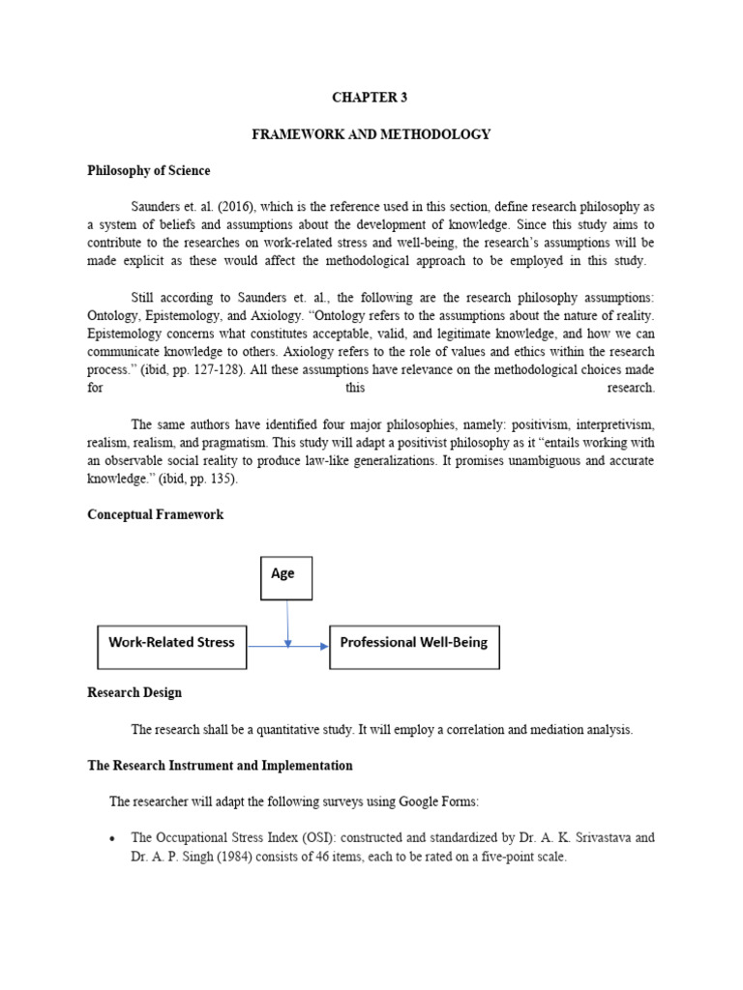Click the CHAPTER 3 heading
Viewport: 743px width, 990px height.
pyautogui.click(x=371, y=98)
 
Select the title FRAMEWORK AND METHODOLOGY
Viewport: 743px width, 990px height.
pyautogui.click(x=371, y=134)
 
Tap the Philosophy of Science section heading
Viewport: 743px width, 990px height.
pyautogui.click(x=148, y=171)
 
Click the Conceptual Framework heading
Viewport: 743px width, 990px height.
pyautogui.click(x=155, y=515)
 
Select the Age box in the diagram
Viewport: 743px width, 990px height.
pyautogui.click(x=286, y=578)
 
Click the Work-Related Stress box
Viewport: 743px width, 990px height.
pyautogui.click(x=171, y=646)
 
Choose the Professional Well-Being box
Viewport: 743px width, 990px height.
pyautogui.click(x=414, y=646)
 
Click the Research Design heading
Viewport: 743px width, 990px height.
pyautogui.click(x=134, y=693)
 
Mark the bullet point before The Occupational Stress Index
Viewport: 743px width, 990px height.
pyautogui.click(x=113, y=838)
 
